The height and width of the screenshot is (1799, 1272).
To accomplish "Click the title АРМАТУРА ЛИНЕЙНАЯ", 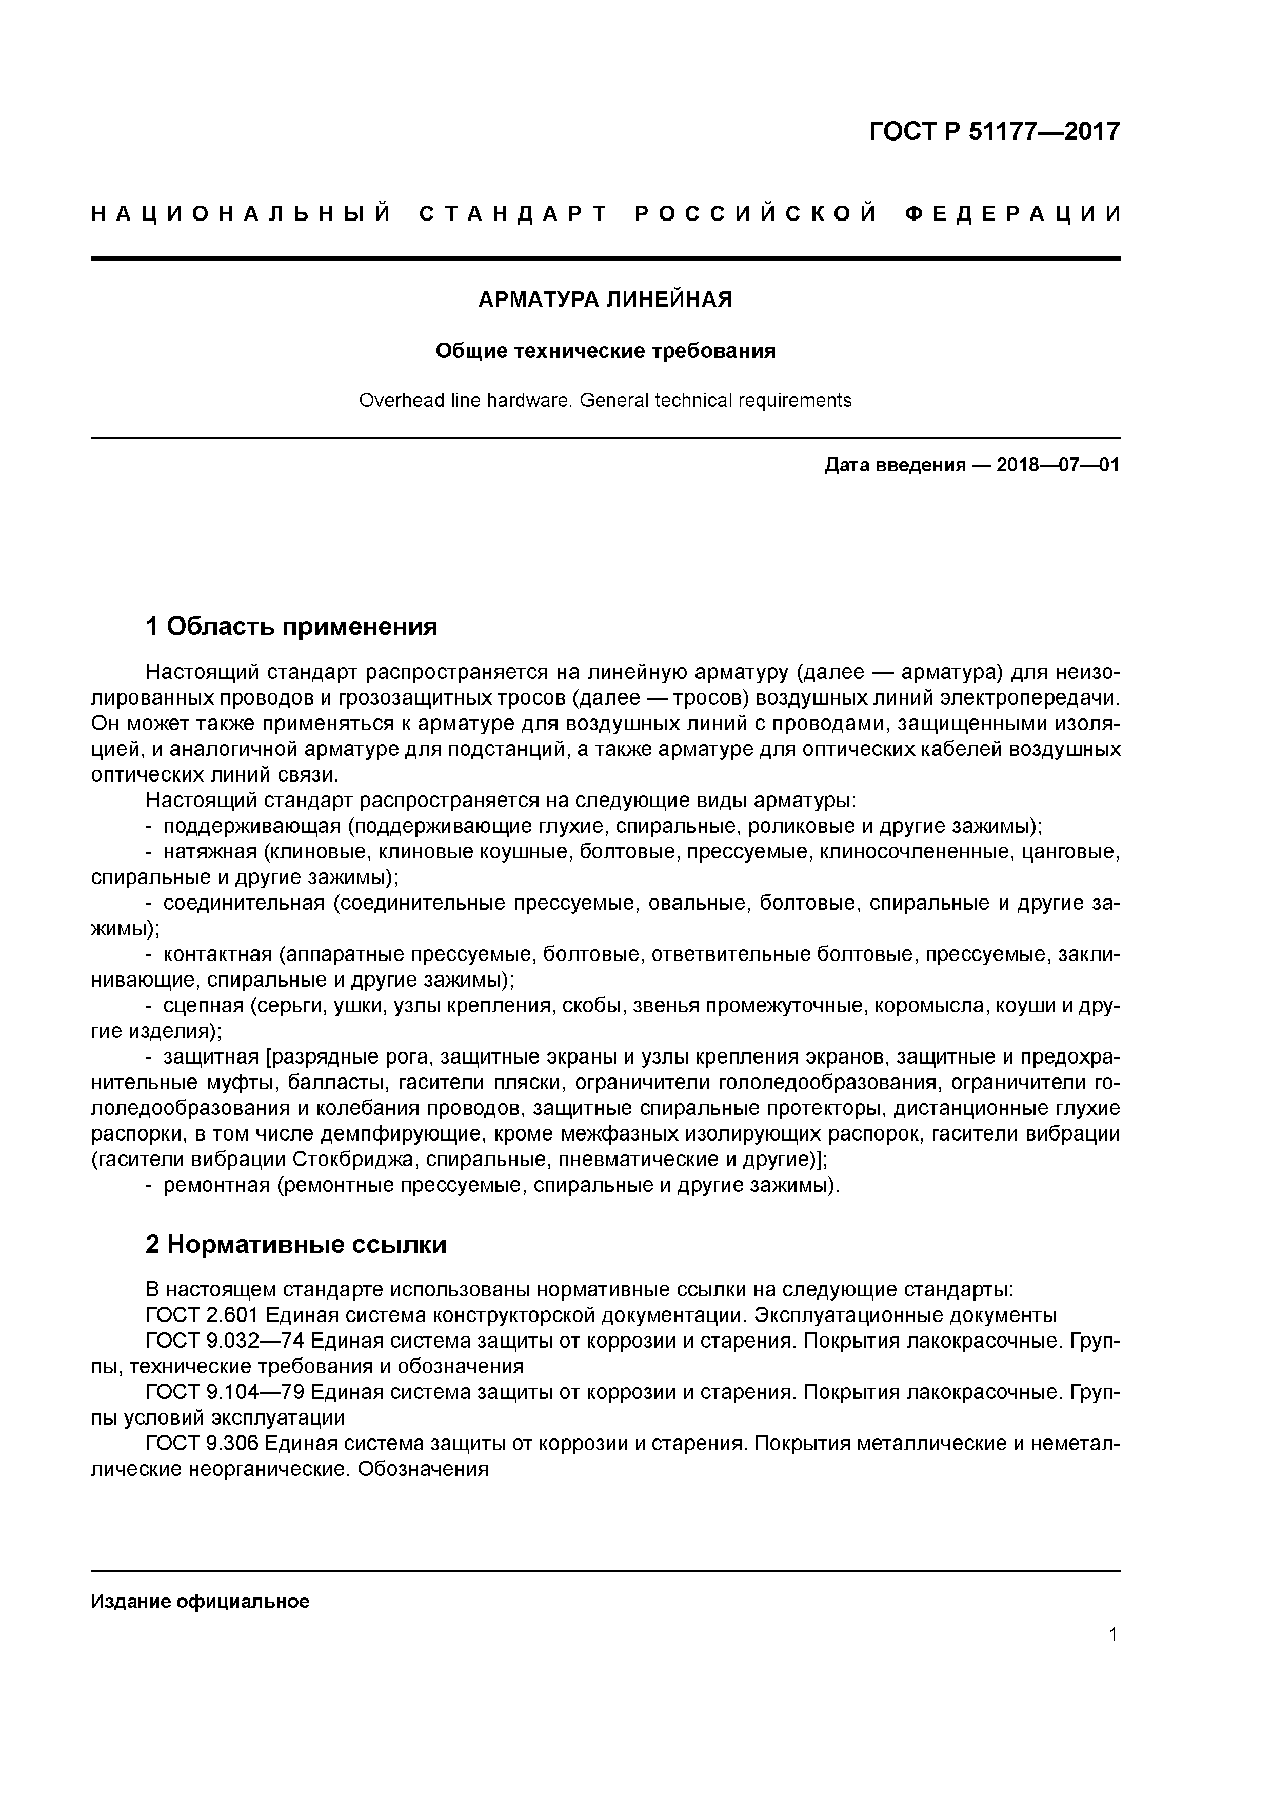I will click(x=605, y=299).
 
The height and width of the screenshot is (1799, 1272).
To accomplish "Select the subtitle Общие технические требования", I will click(x=605, y=351).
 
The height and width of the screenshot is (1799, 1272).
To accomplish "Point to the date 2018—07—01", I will click(x=1057, y=466).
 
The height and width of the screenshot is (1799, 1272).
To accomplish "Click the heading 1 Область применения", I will click(x=291, y=626).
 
